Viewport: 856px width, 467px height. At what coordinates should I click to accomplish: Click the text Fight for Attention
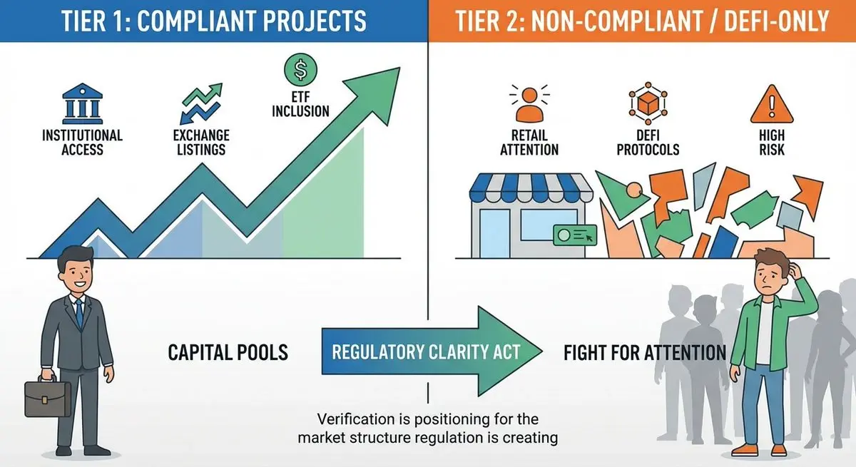pos(644,351)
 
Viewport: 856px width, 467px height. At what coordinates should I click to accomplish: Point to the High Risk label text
pos(772,142)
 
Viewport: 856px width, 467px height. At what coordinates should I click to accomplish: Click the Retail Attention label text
pos(529,142)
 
